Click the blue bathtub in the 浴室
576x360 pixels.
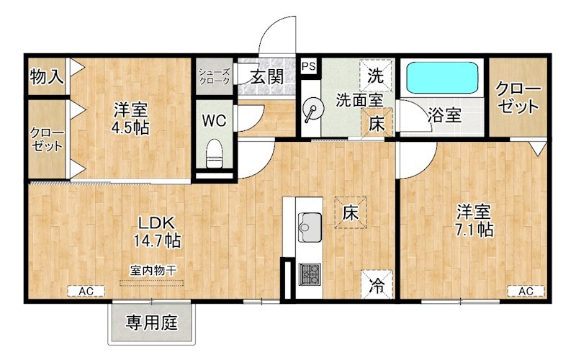click(441, 77)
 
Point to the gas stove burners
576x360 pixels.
click(310, 273)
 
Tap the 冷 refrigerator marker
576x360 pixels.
click(378, 283)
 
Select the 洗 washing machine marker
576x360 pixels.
click(376, 74)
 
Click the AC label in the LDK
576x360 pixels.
click(86, 291)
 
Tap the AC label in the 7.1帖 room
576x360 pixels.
click(526, 291)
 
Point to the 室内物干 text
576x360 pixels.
click(153, 270)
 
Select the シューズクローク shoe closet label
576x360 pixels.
click(214, 76)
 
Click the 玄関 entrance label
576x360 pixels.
click(266, 77)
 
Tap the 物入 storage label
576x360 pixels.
click(47, 76)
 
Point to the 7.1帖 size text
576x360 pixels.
click(474, 230)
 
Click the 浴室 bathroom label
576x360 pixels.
click(444, 114)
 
